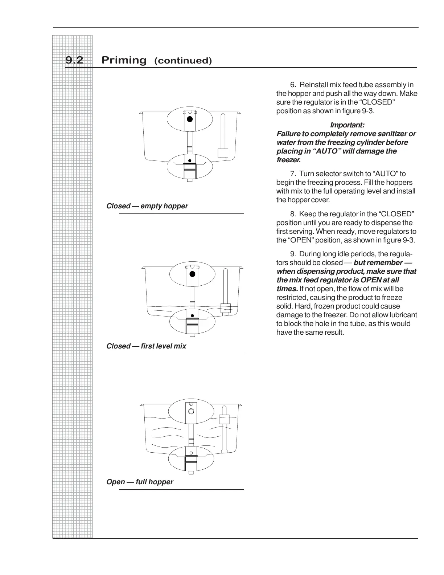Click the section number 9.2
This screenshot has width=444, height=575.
(74, 60)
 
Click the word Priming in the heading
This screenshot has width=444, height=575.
(124, 60)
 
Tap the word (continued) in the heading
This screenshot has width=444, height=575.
(183, 61)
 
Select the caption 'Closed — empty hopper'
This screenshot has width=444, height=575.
(147, 206)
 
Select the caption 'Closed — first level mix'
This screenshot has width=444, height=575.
(146, 346)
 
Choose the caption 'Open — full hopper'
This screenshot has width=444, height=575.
(140, 482)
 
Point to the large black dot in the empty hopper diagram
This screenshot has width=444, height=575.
(189, 119)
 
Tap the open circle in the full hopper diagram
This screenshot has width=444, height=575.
(191, 411)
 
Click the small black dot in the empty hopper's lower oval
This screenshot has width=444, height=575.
(189, 160)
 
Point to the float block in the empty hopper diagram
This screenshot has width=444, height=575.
(222, 152)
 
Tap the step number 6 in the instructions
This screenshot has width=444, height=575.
(292, 85)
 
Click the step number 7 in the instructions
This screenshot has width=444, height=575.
(292, 174)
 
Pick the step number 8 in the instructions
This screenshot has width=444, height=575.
(292, 214)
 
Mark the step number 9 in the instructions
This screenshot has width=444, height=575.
(292, 254)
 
